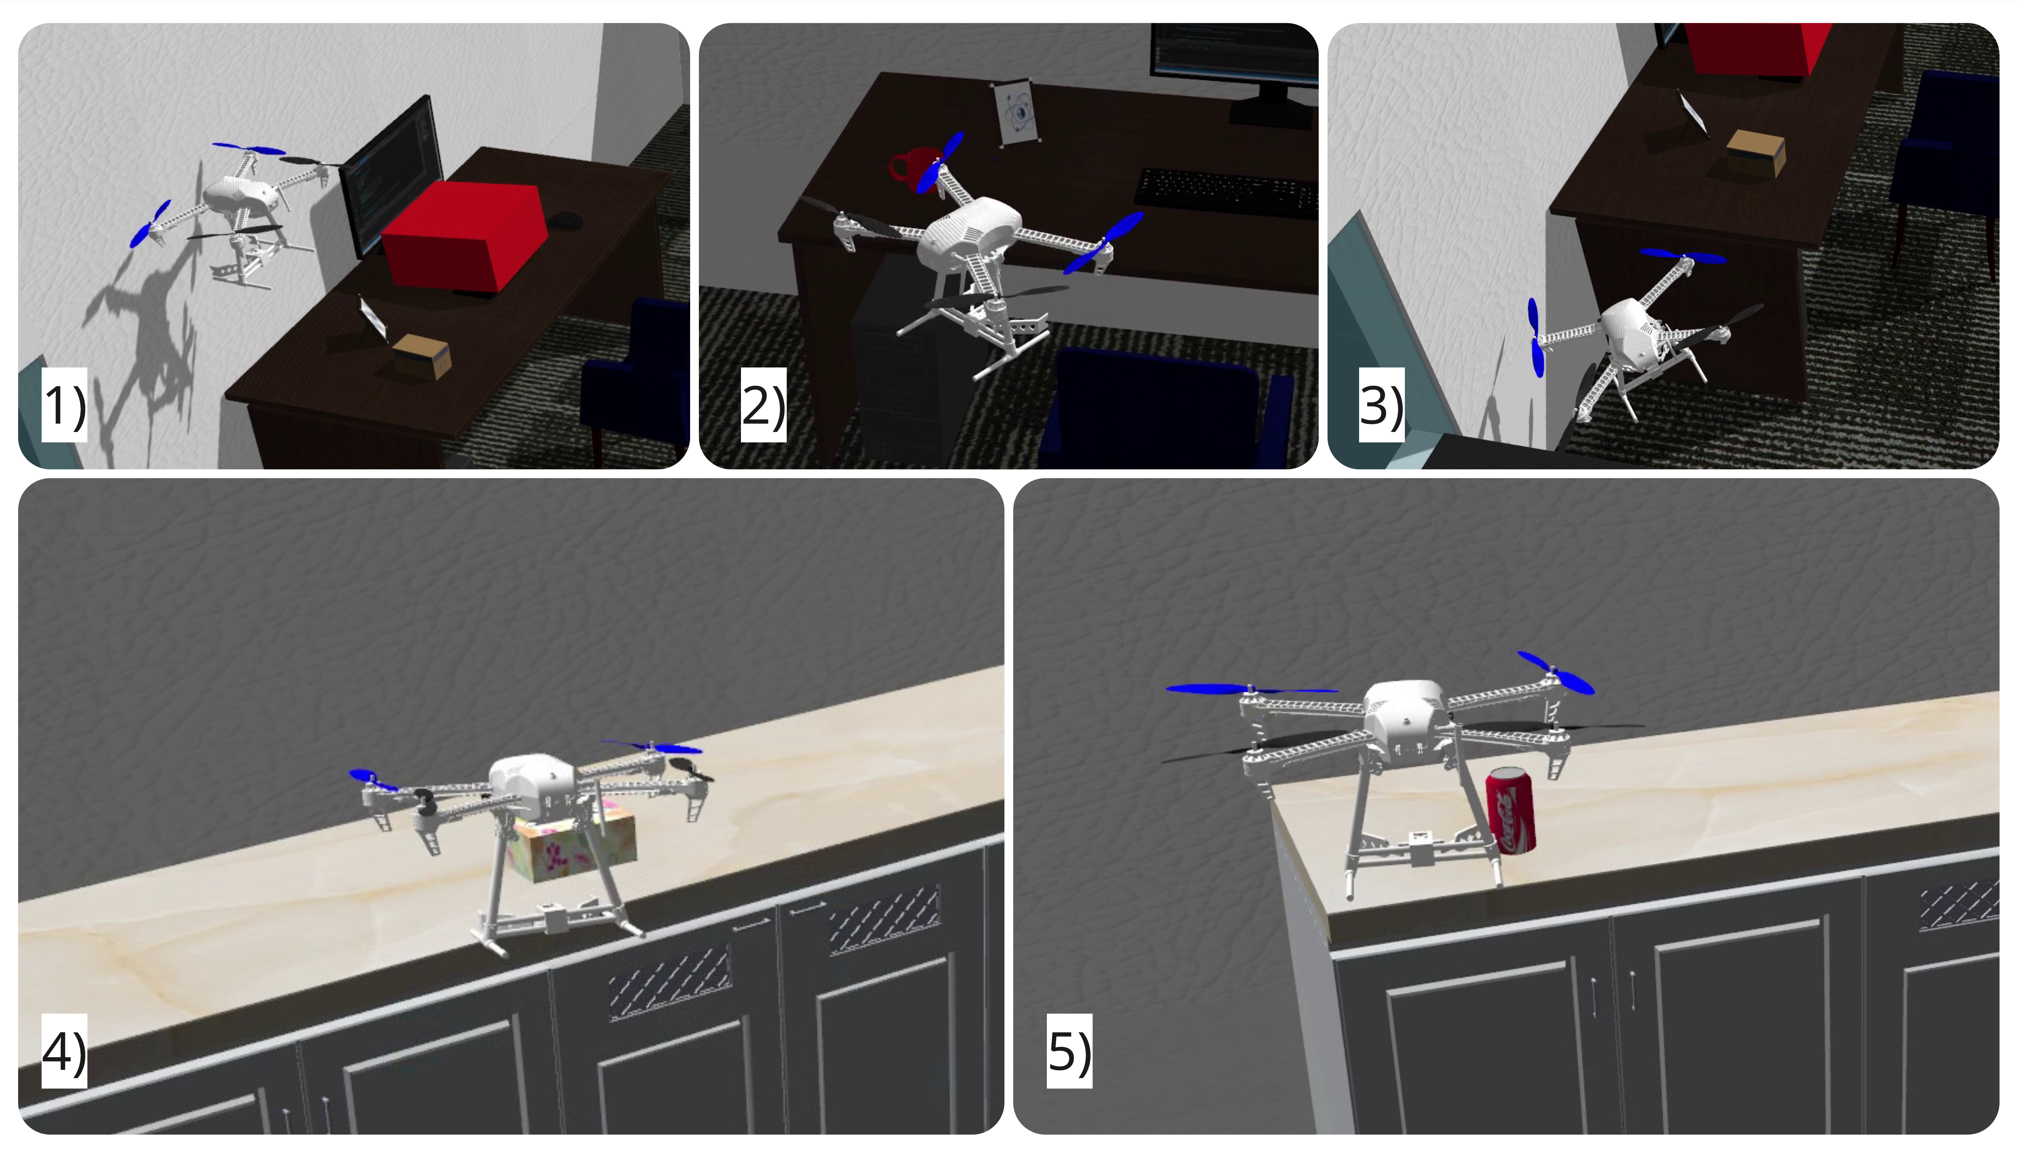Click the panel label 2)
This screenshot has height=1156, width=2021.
[763, 405]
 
